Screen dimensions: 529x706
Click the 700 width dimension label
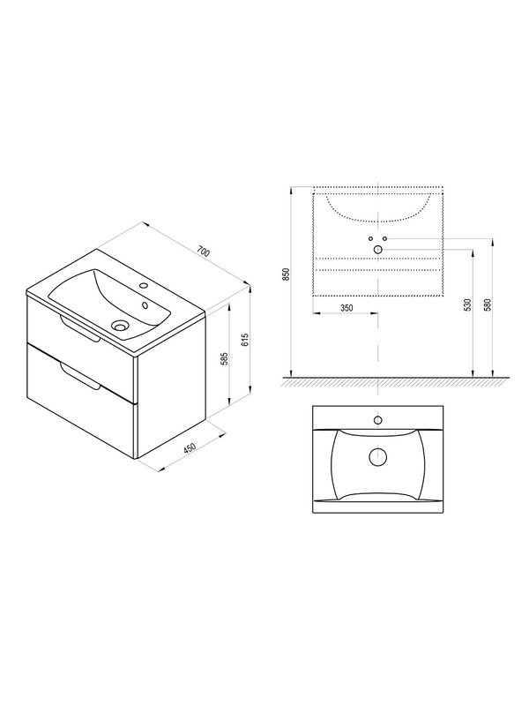coord(204,252)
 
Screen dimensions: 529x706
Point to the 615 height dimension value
coord(245,340)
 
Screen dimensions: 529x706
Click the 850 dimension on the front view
coord(286,274)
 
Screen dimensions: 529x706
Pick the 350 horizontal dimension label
coord(346,308)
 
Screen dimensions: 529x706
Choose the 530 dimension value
coord(467,304)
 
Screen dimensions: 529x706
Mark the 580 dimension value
coord(487,304)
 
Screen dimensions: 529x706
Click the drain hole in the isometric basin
coord(121,324)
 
